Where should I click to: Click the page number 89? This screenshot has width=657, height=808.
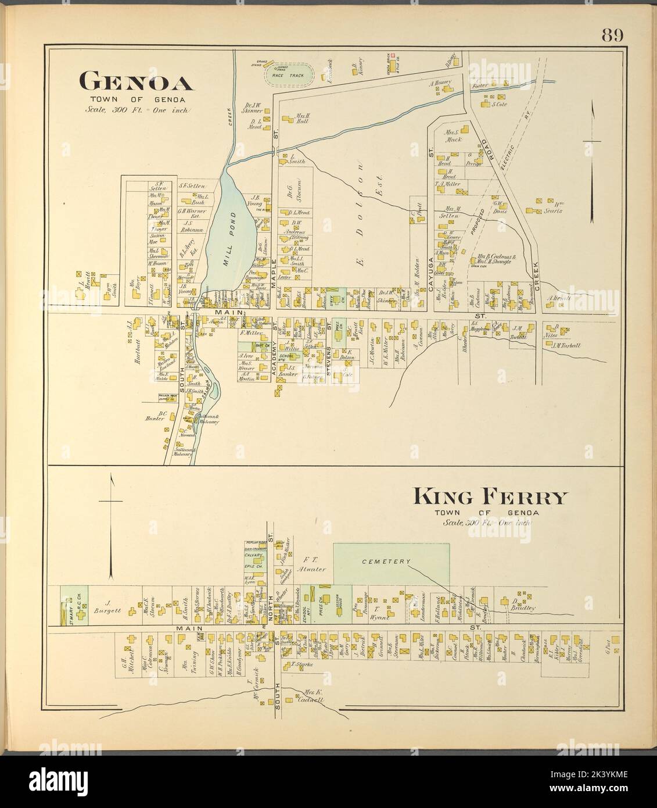(x=612, y=36)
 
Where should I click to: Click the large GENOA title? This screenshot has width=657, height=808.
(x=136, y=82)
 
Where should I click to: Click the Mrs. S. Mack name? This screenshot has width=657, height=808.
(x=453, y=136)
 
